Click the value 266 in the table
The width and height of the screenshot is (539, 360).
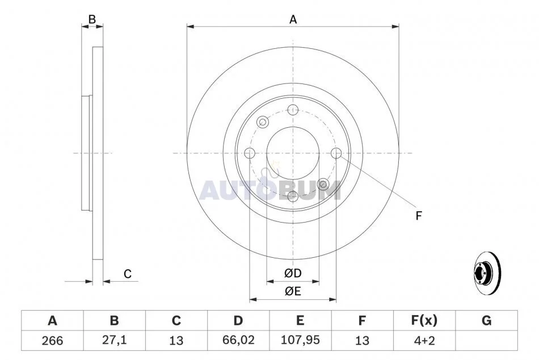click(x=52, y=340)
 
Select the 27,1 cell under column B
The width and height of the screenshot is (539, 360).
click(x=114, y=340)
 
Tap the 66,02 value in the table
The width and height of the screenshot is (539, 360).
click(x=238, y=340)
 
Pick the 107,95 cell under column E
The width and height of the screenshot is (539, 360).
click(x=300, y=340)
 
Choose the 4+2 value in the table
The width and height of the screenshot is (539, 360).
click(x=424, y=340)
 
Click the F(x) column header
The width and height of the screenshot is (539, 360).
click(x=424, y=320)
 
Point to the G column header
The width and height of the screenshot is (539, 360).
click(x=486, y=320)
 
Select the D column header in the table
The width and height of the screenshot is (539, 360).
click(x=238, y=320)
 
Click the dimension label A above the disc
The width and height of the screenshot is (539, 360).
click(x=293, y=20)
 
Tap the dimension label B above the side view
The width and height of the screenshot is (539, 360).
click(x=92, y=19)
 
